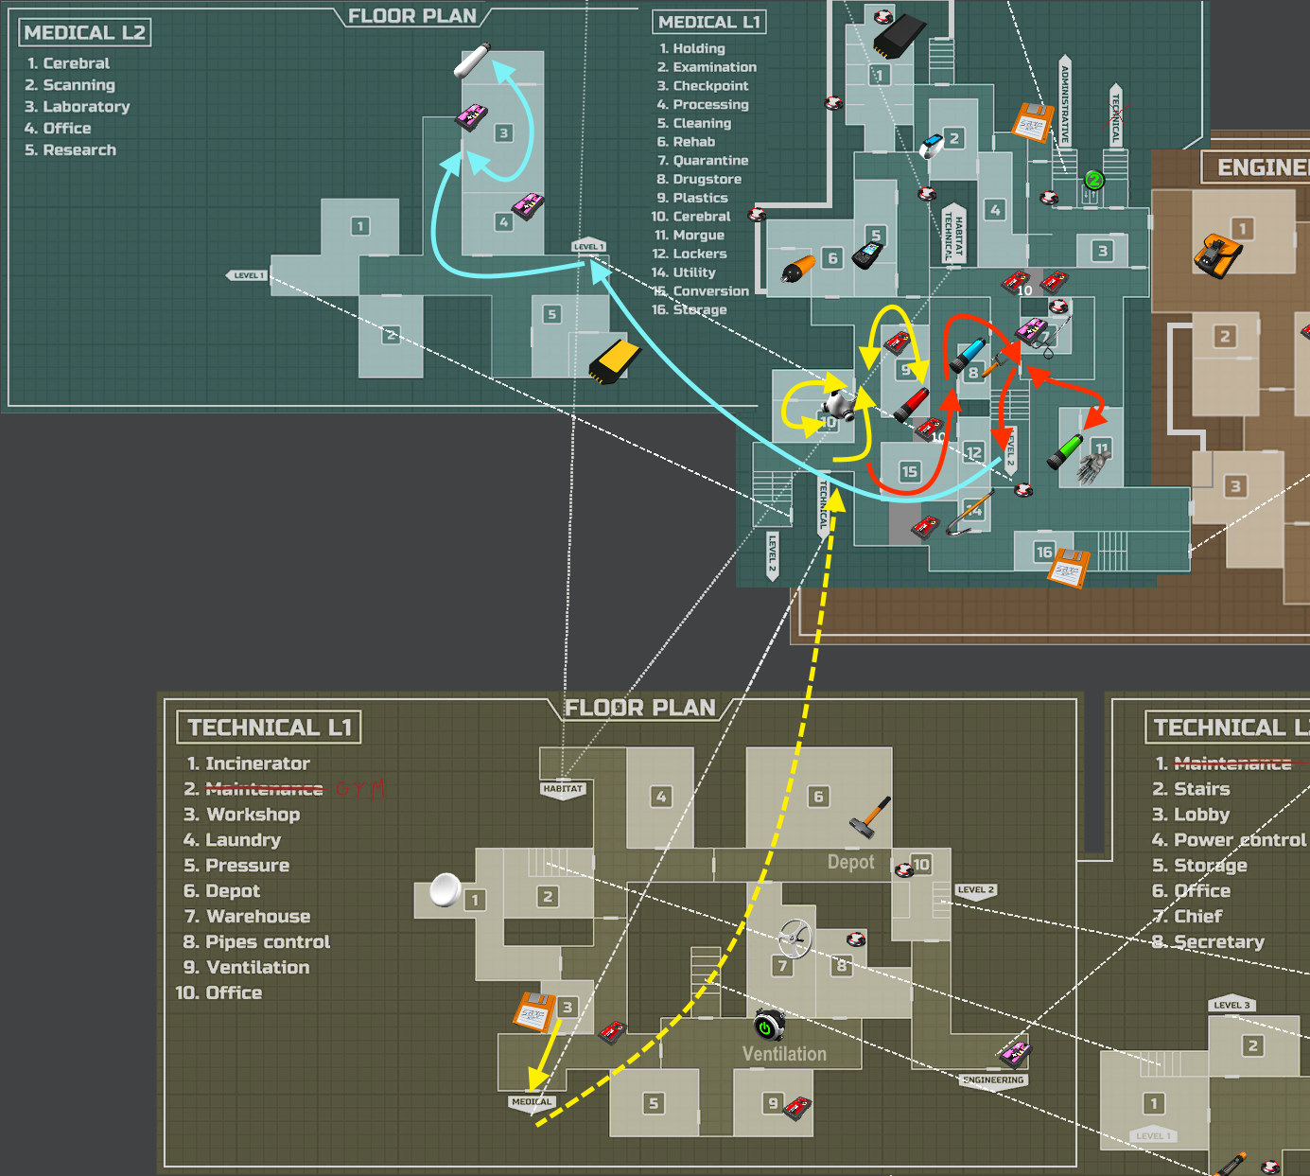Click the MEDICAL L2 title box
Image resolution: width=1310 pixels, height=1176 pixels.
(x=84, y=33)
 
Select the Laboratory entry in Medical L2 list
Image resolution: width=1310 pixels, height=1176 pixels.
(x=86, y=107)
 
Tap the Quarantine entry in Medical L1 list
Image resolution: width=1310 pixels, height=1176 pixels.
(x=709, y=161)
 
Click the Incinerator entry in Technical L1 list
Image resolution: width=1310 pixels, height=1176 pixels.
(x=257, y=764)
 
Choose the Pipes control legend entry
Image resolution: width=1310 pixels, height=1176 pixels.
(x=268, y=942)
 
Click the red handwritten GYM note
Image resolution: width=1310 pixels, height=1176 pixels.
(x=360, y=789)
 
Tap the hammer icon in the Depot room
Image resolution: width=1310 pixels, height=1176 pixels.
(x=870, y=815)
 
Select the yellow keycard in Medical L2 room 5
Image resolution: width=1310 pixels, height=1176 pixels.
(x=615, y=360)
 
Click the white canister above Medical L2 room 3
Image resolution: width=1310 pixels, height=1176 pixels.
(x=471, y=61)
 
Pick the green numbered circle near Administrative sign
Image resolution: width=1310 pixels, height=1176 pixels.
(x=1093, y=180)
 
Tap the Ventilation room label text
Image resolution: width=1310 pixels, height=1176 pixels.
(x=784, y=1054)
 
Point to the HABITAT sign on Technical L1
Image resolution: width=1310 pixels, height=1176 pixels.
(x=563, y=789)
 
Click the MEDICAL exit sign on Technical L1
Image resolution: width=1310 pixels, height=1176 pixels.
(x=531, y=1102)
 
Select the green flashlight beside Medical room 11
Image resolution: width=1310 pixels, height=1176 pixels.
(x=1065, y=450)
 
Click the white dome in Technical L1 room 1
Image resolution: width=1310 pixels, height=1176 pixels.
(x=445, y=889)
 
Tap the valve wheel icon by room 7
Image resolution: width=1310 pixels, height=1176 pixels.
(x=795, y=939)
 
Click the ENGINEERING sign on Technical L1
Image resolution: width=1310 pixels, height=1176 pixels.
(x=993, y=1080)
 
